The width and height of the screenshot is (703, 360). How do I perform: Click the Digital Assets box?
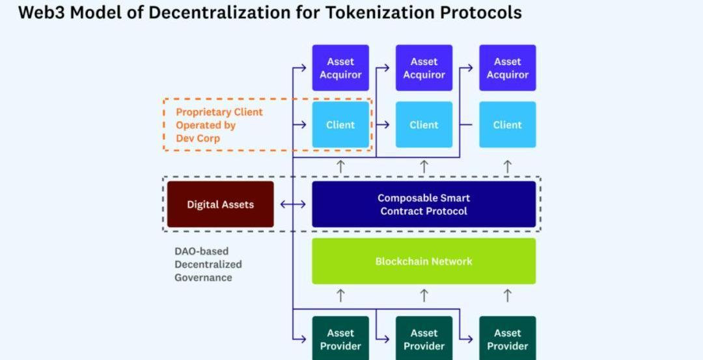pyautogui.click(x=220, y=204)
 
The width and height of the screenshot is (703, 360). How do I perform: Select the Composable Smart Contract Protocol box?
pyautogui.click(x=424, y=204)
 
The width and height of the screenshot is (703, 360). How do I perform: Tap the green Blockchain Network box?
pyautogui.click(x=424, y=261)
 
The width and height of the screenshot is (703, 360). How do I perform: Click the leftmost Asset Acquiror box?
pyautogui.click(x=340, y=68)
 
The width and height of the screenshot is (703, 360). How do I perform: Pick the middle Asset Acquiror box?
pyautogui.click(x=424, y=68)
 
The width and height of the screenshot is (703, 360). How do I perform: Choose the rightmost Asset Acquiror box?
pyautogui.click(x=508, y=68)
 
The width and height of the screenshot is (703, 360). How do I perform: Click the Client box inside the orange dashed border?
pyautogui.click(x=340, y=124)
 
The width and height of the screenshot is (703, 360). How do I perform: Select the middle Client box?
pyautogui.click(x=424, y=124)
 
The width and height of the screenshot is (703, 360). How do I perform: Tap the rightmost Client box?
pyautogui.click(x=508, y=124)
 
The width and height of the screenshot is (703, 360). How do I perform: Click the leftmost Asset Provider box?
pyautogui.click(x=340, y=339)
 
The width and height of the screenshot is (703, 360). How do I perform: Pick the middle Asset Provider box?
pyautogui.click(x=424, y=339)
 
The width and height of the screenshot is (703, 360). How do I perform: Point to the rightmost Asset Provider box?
pyautogui.click(x=508, y=339)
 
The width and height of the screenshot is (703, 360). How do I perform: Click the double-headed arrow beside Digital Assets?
pyautogui.click(x=293, y=204)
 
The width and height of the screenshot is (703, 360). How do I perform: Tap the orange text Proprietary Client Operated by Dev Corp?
pyautogui.click(x=219, y=125)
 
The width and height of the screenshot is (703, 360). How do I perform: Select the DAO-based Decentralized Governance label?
pyautogui.click(x=208, y=264)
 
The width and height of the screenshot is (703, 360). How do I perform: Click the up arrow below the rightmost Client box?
pyautogui.click(x=508, y=166)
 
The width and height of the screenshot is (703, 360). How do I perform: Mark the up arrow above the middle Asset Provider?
pyautogui.click(x=424, y=296)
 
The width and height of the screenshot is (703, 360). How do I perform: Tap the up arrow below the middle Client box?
pyautogui.click(x=424, y=166)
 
